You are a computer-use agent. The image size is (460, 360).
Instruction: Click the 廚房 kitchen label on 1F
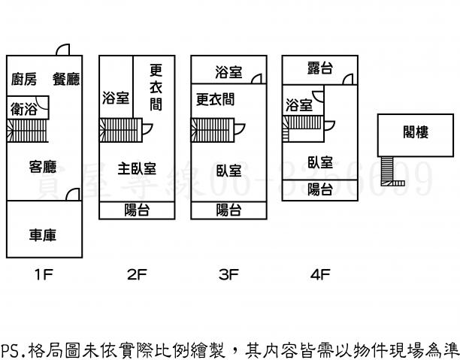[23, 79]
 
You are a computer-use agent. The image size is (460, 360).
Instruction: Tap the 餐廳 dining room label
[66, 79]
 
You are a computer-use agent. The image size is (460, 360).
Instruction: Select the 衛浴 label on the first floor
[23, 109]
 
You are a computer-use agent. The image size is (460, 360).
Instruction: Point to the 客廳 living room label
[43, 167]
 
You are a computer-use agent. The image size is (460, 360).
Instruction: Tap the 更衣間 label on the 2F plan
[156, 87]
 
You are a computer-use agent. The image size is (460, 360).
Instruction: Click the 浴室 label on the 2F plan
[116, 98]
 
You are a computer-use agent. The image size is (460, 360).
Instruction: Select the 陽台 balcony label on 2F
[136, 210]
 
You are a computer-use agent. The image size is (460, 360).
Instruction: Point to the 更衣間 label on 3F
[215, 98]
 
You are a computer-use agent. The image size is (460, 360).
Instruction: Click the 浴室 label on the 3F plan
[228, 72]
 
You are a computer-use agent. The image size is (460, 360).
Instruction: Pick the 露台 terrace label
[320, 69]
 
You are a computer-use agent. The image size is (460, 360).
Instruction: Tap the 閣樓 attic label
[416, 133]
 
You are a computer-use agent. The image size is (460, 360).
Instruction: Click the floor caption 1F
[44, 275]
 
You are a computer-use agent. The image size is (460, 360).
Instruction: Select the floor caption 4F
[320, 275]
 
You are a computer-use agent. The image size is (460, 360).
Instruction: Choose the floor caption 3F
[228, 275]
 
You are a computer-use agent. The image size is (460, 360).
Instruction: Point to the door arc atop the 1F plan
[64, 50]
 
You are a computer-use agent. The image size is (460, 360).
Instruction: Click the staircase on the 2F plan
[121, 129]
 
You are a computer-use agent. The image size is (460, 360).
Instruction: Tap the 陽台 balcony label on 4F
[321, 189]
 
